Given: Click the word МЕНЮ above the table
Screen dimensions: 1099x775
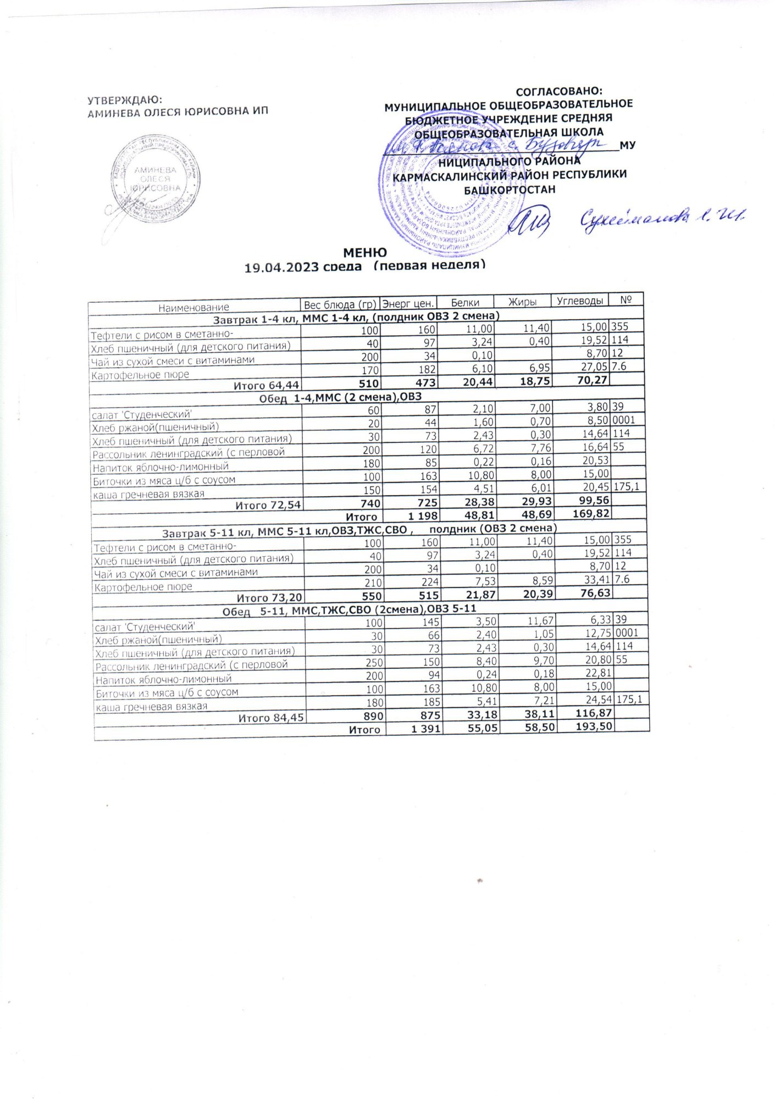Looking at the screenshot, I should (365, 252).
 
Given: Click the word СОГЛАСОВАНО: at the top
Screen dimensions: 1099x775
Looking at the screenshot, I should (559, 91).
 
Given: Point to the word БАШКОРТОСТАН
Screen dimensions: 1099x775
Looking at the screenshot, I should (510, 190).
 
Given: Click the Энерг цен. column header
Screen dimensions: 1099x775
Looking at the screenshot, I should (408, 303).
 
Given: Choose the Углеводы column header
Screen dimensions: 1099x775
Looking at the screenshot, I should (580, 300).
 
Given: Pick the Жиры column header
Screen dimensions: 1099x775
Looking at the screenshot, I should (522, 301).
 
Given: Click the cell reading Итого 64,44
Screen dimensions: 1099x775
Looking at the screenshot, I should (266, 385).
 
